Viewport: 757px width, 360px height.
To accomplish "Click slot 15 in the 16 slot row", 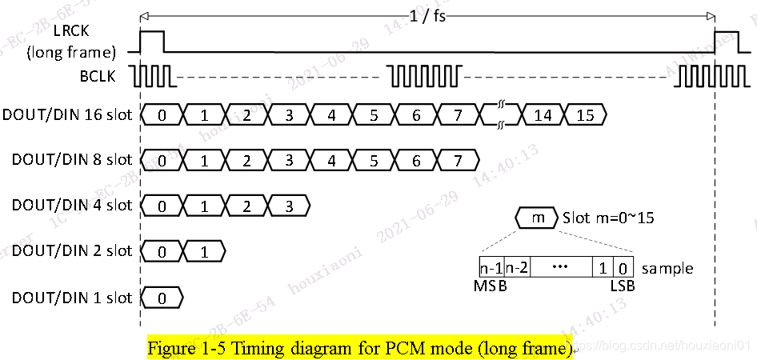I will (x=585, y=114).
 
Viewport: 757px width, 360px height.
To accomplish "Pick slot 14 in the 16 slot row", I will (x=543, y=114).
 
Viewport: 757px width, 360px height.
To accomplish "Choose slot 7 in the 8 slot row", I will (x=457, y=160).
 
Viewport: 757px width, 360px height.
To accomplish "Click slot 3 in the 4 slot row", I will (x=289, y=206).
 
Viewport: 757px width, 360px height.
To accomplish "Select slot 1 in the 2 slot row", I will (x=204, y=251).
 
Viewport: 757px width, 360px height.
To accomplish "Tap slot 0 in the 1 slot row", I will (x=162, y=298).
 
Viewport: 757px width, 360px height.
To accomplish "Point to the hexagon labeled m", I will (x=538, y=218).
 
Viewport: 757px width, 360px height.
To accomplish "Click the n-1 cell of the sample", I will (x=491, y=267).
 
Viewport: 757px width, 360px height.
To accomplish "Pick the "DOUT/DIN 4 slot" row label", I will (x=71, y=206).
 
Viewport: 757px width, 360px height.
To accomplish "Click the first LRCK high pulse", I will (x=152, y=41).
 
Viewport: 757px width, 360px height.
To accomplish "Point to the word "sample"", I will (x=667, y=268).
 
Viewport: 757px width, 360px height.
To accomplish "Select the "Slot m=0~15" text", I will (x=609, y=218).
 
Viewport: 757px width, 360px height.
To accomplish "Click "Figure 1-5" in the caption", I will (x=183, y=349).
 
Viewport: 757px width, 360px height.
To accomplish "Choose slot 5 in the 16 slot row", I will (x=373, y=114).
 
